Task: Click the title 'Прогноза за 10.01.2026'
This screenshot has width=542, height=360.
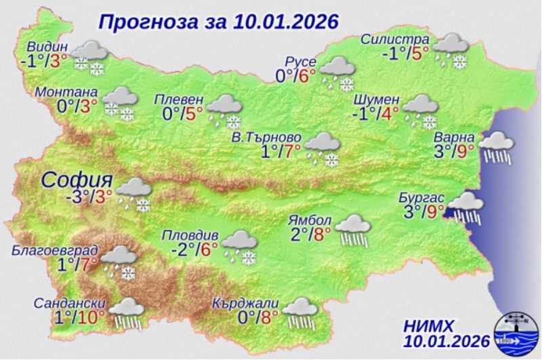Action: [218, 22]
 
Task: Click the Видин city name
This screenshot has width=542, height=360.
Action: [48, 47]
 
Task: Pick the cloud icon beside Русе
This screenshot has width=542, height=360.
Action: [337, 73]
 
